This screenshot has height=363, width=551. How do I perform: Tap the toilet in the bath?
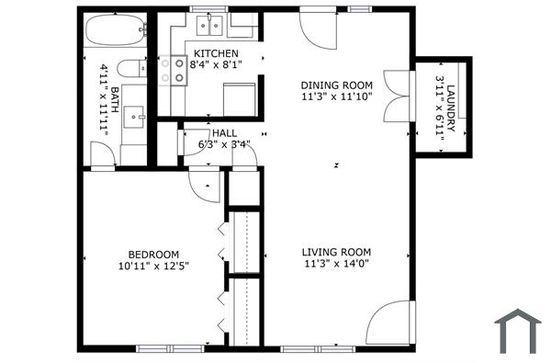click(x=132, y=67)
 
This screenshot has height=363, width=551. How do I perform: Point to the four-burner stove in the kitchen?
click(x=173, y=71)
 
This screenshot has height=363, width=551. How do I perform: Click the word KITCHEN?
click(x=216, y=53)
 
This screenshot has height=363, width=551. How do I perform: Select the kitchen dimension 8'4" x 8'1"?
click(x=216, y=65)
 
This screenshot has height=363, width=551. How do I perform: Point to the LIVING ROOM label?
click(x=337, y=252)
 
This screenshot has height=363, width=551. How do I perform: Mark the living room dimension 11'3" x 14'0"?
click(x=337, y=264)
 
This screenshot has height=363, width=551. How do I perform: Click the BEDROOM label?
click(x=152, y=255)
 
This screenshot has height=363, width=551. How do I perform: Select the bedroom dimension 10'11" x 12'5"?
click(x=152, y=267)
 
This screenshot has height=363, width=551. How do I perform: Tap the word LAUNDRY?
click(x=451, y=106)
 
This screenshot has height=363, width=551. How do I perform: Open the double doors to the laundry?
click(x=398, y=96)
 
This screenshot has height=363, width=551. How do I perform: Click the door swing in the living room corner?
click(x=389, y=323)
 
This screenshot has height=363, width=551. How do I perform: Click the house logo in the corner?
click(x=517, y=330)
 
